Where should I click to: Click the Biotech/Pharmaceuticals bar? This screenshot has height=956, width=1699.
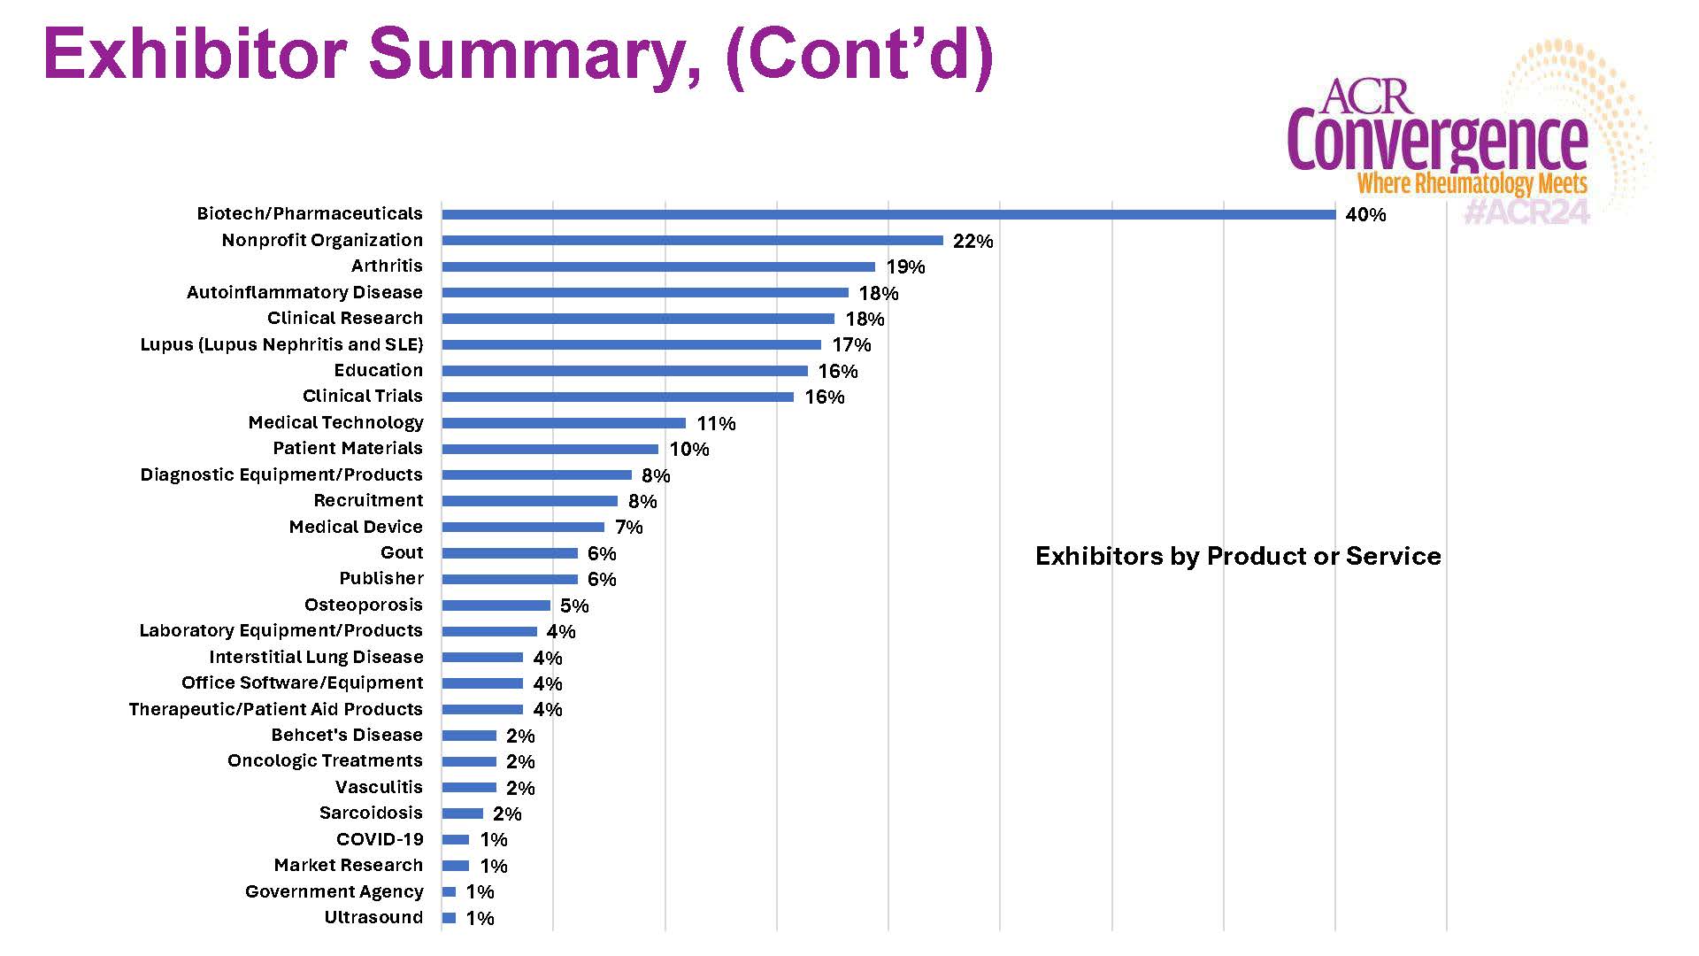pyautogui.click(x=888, y=214)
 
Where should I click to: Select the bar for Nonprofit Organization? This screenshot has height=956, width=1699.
pyautogui.click(x=692, y=241)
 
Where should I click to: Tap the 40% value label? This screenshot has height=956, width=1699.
pyautogui.click(x=1365, y=215)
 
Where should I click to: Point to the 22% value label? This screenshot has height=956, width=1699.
pyautogui.click(x=973, y=241)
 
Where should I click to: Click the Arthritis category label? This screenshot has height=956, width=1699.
pyautogui.click(x=387, y=266)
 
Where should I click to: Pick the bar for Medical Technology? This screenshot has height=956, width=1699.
pyautogui.click(x=564, y=423)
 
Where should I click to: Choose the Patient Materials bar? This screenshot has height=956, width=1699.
pyautogui.click(x=550, y=449)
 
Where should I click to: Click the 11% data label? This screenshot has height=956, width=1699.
pyautogui.click(x=716, y=423)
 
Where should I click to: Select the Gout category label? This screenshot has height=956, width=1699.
pyautogui.click(x=402, y=552)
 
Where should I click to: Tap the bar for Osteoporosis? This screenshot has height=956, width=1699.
pyautogui.click(x=496, y=605)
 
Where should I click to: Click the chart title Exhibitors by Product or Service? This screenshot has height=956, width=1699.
pyautogui.click(x=1238, y=556)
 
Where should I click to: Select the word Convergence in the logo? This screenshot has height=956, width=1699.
pyautogui.click(x=1437, y=142)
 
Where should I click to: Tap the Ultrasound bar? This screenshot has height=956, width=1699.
pyautogui.click(x=449, y=918)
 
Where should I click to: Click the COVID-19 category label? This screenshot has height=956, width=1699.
pyautogui.click(x=380, y=839)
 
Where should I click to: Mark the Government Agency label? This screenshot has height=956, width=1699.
pyautogui.click(x=334, y=891)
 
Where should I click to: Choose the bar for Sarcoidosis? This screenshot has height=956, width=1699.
pyautogui.click(x=462, y=813)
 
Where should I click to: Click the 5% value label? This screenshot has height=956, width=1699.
pyautogui.click(x=574, y=605)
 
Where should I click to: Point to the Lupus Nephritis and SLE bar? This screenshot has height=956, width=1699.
pyautogui.click(x=631, y=344)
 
